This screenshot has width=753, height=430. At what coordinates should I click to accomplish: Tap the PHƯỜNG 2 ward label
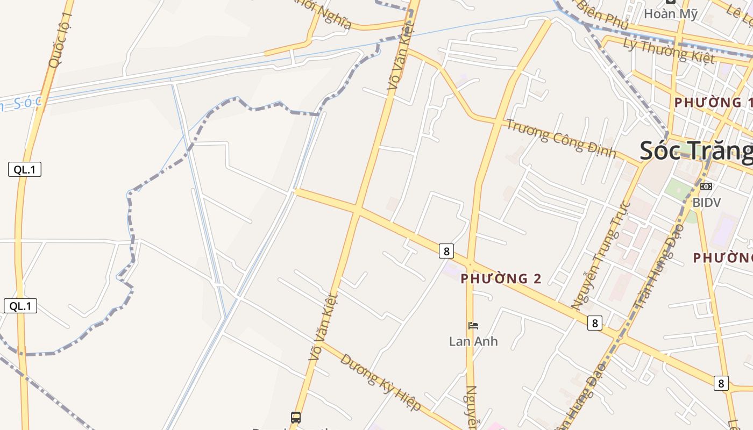point(501,278)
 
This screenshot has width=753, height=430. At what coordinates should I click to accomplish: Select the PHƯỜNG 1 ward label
point(713,102)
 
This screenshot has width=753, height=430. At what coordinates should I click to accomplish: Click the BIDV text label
point(707,202)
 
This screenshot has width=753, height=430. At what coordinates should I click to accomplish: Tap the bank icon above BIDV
point(706,187)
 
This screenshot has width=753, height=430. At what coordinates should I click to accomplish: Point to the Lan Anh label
point(473,341)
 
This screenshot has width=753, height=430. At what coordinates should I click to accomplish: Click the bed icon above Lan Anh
point(473,325)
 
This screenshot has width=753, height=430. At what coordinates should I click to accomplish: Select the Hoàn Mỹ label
point(671,14)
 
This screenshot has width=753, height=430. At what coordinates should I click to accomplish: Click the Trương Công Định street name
point(560,138)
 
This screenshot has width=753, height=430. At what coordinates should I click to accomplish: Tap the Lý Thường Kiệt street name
point(669,50)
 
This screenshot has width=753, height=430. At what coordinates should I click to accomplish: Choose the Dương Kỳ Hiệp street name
point(380,381)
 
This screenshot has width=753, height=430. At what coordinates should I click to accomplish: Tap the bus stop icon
point(296,417)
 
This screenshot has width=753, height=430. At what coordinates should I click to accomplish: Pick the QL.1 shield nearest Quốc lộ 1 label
point(25,169)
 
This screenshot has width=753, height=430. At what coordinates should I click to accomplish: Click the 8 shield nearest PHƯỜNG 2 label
point(446,250)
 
